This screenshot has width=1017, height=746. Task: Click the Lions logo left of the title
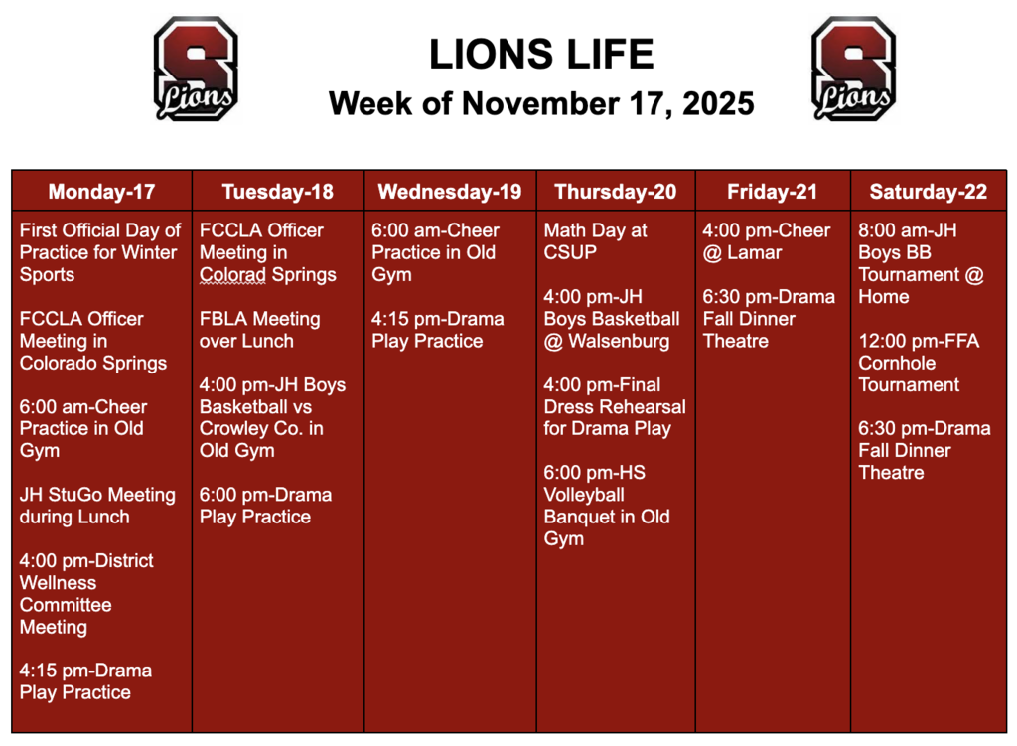tap(196, 69)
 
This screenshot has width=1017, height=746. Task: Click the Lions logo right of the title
tap(853, 69)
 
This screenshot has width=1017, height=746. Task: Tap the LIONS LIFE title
tap(541, 55)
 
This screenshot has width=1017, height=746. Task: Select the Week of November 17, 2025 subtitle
tap(541, 103)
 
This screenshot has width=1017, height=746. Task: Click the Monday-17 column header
tap(102, 192)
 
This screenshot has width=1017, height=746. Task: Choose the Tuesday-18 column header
tap(277, 192)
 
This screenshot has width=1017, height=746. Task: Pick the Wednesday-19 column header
tap(449, 192)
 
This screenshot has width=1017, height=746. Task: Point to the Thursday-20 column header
tap(615, 192)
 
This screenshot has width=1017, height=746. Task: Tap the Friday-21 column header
tap(772, 192)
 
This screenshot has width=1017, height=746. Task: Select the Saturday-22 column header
tap(928, 192)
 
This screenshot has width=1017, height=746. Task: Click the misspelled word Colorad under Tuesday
tap(234, 275)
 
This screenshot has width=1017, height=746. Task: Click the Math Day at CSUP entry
tap(595, 241)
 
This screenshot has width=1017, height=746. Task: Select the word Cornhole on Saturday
tap(897, 363)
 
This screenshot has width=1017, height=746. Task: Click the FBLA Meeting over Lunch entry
tap(259, 330)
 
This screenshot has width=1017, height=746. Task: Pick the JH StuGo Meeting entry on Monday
tap(97, 506)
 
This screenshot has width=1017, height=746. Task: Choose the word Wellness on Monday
tap(59, 583)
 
